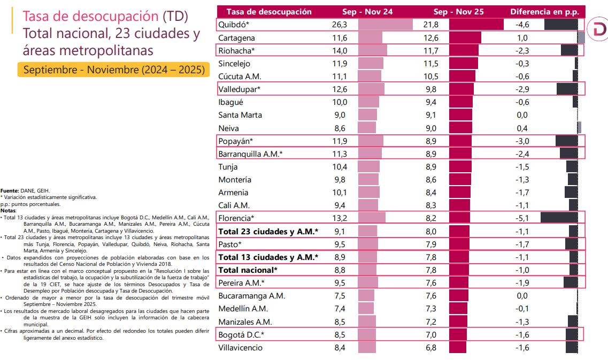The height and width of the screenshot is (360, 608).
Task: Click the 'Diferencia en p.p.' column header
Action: tap(544, 12)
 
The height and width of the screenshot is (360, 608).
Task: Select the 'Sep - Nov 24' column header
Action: tap(367, 12)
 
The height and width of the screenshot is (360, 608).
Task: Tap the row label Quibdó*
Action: tap(234, 25)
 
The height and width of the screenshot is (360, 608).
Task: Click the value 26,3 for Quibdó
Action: tap(339, 25)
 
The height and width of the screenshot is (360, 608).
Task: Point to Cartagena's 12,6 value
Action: tap(431, 37)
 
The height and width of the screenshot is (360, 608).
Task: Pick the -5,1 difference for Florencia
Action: tap(522, 218)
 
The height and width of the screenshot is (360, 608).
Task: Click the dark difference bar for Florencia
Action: tap(559, 218)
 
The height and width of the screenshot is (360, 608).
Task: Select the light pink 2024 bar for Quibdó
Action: tap(386, 25)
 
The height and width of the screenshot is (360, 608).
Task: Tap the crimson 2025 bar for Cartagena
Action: tap(465, 37)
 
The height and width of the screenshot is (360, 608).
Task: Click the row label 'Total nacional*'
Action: tap(248, 270)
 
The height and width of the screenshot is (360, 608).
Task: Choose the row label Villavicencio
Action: tap(240, 348)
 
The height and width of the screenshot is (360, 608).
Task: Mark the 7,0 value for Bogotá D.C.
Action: tap(431, 334)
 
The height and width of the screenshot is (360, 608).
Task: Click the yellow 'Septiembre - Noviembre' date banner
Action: tap(113, 70)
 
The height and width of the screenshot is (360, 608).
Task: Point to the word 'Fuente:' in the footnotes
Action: tap(10, 190)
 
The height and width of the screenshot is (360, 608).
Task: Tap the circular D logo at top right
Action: tap(597, 29)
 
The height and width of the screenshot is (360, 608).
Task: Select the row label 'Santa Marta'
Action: tap(240, 115)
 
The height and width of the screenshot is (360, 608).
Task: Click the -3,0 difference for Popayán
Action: tap(522, 141)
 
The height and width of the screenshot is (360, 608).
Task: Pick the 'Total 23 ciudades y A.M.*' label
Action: tap(268, 232)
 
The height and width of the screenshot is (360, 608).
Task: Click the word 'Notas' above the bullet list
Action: tap(8, 211)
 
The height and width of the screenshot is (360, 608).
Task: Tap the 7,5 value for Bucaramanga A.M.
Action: tap(340, 296)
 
